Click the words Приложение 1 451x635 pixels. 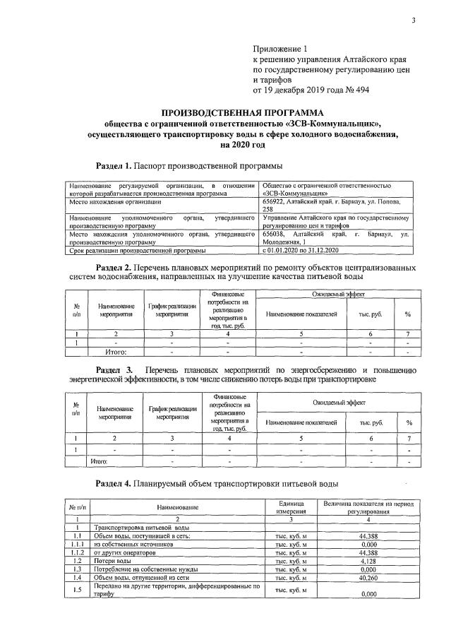[281, 49]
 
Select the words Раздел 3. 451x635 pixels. [114, 370]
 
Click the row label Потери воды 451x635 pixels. [112, 560]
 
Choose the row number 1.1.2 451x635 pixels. [76, 552]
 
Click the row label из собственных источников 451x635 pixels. [133, 545]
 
